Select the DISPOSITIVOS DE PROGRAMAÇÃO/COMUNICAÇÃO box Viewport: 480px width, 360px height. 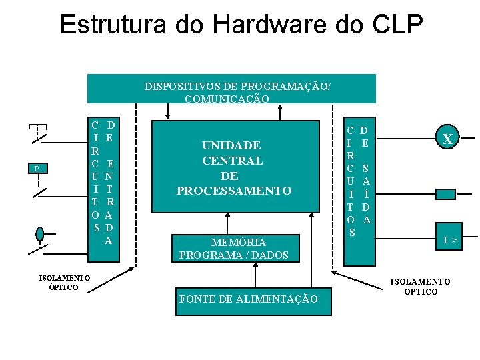[x=232, y=89]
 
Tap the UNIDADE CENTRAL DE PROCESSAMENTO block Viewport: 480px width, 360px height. [x=233, y=167]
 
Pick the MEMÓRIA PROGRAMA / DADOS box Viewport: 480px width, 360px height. [x=233, y=248]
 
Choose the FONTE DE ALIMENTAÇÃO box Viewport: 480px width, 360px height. [x=248, y=299]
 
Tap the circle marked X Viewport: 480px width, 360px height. [x=448, y=140]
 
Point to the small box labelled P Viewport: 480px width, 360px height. [x=37, y=169]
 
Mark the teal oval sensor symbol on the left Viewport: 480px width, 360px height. [x=40, y=234]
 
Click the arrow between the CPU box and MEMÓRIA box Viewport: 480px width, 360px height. [x=228, y=224]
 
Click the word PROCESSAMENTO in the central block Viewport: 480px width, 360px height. [x=233, y=191]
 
